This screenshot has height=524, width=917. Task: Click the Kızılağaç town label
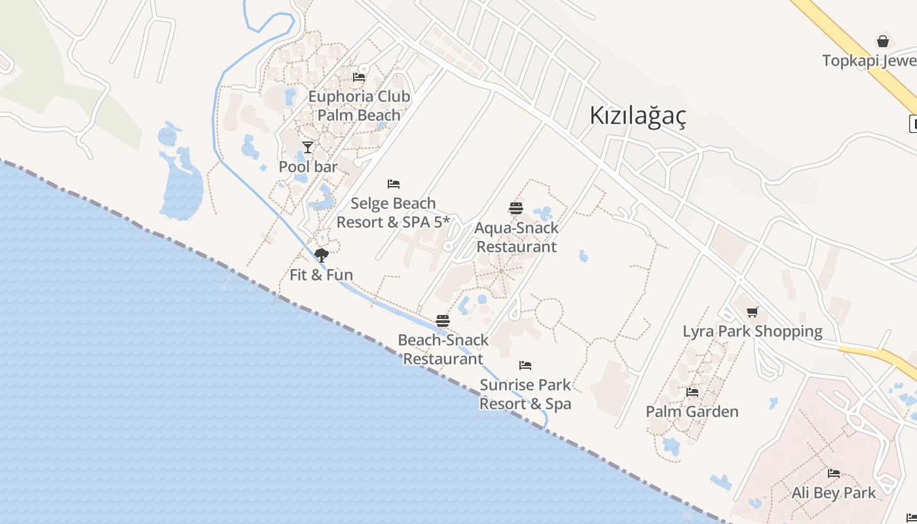coord(637,116)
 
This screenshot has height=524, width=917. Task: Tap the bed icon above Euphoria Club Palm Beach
coord(359,77)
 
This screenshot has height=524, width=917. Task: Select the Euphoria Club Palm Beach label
coord(359,105)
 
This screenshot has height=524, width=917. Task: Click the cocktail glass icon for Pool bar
coord(308,147)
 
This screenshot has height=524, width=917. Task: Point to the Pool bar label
coord(308,166)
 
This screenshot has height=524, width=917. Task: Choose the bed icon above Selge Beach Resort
coord(394,184)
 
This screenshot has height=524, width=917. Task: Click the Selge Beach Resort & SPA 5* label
coord(393,213)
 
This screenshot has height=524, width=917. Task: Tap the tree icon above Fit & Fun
coord(321,255)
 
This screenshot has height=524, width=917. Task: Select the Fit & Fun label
coord(321,274)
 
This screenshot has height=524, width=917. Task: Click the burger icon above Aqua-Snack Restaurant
coord(516,208)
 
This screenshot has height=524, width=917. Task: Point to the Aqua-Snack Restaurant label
coord(516,237)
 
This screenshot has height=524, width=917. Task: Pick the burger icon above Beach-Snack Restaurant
coord(443,321)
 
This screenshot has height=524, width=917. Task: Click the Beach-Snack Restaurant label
coord(443,349)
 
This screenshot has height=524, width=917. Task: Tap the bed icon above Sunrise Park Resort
coord(525,365)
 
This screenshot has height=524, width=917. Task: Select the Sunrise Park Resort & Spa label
coord(525,394)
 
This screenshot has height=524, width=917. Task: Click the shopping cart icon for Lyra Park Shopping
coord(753,312)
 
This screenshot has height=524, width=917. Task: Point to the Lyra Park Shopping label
coord(753,331)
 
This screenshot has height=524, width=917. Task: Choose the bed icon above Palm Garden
coord(692,392)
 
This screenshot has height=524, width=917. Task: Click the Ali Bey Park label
coord(833,493)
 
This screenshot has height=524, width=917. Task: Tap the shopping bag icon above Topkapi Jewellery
coord(883,41)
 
